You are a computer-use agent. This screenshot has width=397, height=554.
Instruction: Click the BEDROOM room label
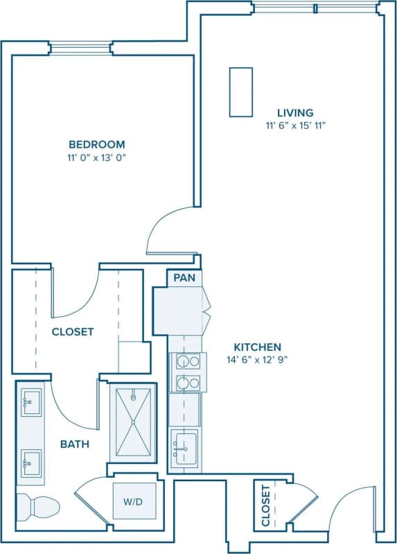[96, 144]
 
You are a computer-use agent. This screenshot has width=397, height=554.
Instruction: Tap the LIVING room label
[295, 112]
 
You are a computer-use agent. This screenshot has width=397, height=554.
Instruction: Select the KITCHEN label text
[257, 347]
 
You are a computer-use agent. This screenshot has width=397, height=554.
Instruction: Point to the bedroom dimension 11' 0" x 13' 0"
[96, 157]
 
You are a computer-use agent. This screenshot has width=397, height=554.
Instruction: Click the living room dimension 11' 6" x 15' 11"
[295, 125]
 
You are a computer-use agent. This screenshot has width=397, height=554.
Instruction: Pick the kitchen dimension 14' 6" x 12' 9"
[257, 360]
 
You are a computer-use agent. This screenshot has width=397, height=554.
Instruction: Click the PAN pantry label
[184, 278]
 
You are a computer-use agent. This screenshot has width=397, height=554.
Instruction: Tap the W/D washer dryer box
[134, 501]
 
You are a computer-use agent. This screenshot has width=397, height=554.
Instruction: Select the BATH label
[74, 444]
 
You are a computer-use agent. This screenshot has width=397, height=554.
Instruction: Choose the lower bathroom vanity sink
[31, 461]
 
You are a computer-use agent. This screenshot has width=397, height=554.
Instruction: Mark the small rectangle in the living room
[240, 92]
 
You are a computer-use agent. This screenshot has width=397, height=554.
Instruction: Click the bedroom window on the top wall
[80, 48]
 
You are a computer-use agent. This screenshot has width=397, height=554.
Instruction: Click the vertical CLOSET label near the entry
[266, 507]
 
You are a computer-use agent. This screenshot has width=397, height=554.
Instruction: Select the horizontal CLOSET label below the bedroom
[73, 331]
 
